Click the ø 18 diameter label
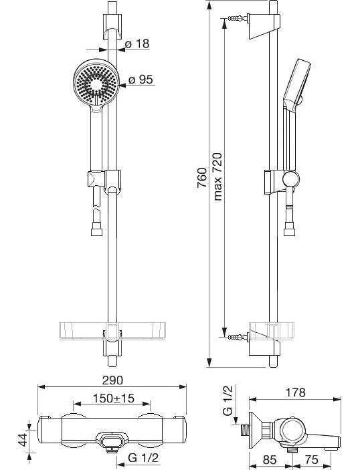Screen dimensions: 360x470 (137, 43)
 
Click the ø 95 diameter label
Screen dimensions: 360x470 (141, 80)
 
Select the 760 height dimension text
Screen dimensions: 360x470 (202, 178)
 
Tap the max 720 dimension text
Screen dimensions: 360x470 (217, 177)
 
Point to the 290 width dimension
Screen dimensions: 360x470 (112, 380)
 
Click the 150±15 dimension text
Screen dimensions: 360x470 (113, 398)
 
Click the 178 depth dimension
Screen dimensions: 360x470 (296, 392)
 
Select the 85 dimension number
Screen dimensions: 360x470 (270, 459)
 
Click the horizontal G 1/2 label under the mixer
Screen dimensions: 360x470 (143, 458)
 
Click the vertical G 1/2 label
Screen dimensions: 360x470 (228, 400)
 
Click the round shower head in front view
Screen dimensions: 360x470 (96, 82)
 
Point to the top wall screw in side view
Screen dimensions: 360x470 (238, 18)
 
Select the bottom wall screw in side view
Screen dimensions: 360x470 (238, 337)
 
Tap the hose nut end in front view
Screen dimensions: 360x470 (96, 232)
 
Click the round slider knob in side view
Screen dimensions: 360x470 (290, 180)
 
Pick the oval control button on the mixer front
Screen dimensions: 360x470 (110, 440)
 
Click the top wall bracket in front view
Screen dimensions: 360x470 (112, 27)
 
